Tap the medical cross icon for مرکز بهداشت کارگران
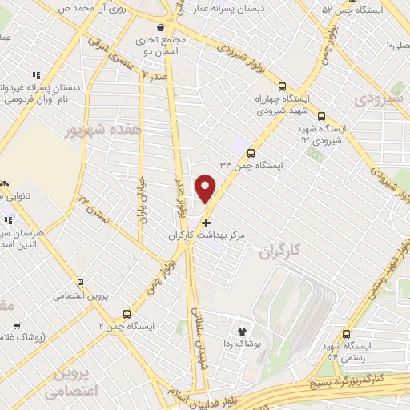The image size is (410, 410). [207, 222]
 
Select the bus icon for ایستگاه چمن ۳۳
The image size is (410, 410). [251, 152]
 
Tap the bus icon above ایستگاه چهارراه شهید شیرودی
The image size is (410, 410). [281, 87]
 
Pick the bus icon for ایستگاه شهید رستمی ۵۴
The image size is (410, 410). [346, 332]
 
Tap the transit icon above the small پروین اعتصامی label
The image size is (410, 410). [79, 283]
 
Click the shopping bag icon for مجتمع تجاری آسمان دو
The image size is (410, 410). [162, 26]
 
